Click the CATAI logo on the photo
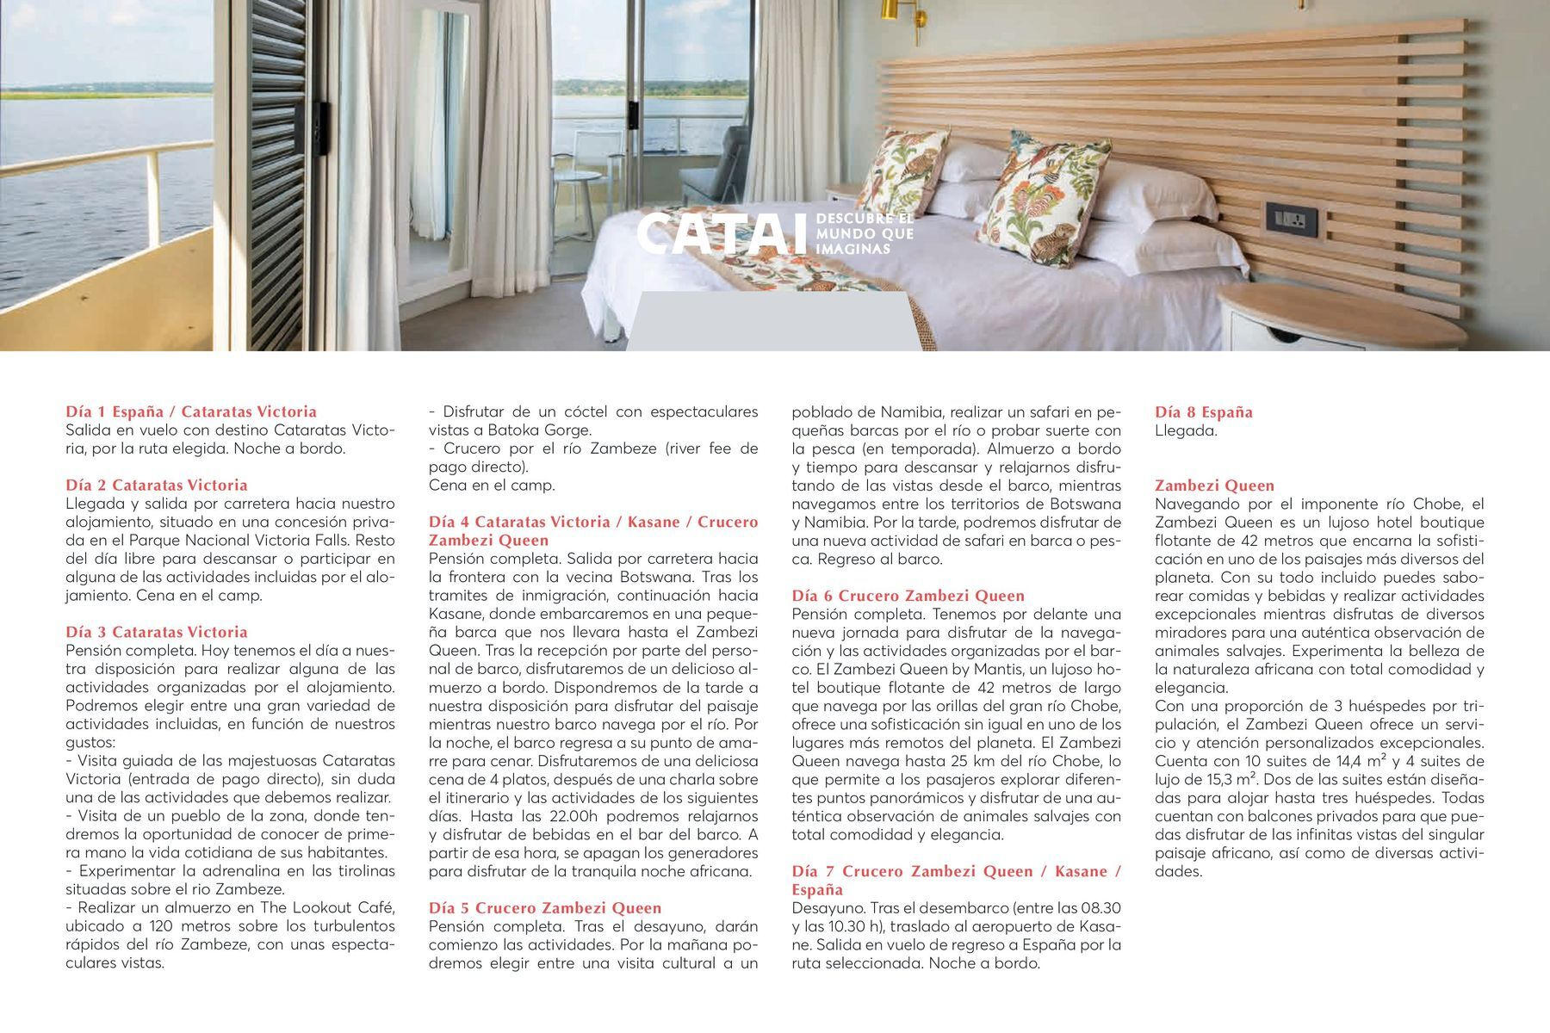click(x=722, y=234)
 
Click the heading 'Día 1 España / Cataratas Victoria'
click(x=191, y=411)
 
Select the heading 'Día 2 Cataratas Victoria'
click(x=157, y=485)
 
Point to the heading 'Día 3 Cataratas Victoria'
click(x=157, y=632)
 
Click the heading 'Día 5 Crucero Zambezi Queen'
click(x=545, y=907)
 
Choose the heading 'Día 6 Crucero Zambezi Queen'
click(x=908, y=595)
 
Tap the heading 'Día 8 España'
click(x=1203, y=411)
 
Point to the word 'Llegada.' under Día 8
click(x=1186, y=430)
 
